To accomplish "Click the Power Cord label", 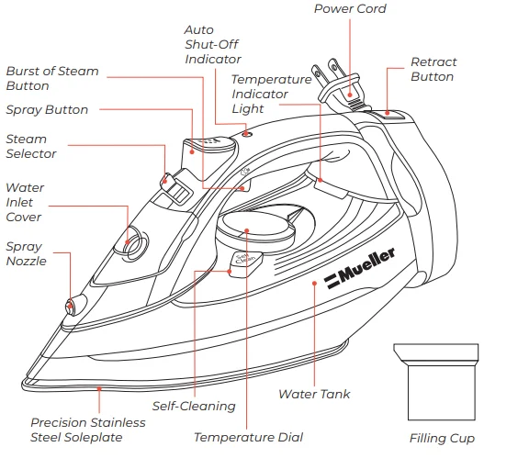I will pos(350,9).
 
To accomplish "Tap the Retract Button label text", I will pos(433,70).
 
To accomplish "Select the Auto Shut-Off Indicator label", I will pos(213,45).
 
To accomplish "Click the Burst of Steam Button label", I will pos(52,78).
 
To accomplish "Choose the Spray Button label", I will pos(47,110).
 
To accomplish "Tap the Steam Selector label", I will pos(31,147).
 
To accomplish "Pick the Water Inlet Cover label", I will pos(24,203).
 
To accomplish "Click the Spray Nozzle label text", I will pos(24,253).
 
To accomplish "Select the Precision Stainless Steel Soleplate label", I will pos(87,430).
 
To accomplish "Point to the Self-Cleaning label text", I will pos(194,406).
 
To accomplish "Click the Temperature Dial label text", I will pos(248,438).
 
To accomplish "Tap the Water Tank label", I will pos(314,395).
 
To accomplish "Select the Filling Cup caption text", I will pos(442,438).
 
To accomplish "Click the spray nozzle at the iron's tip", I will pos(70,307).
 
